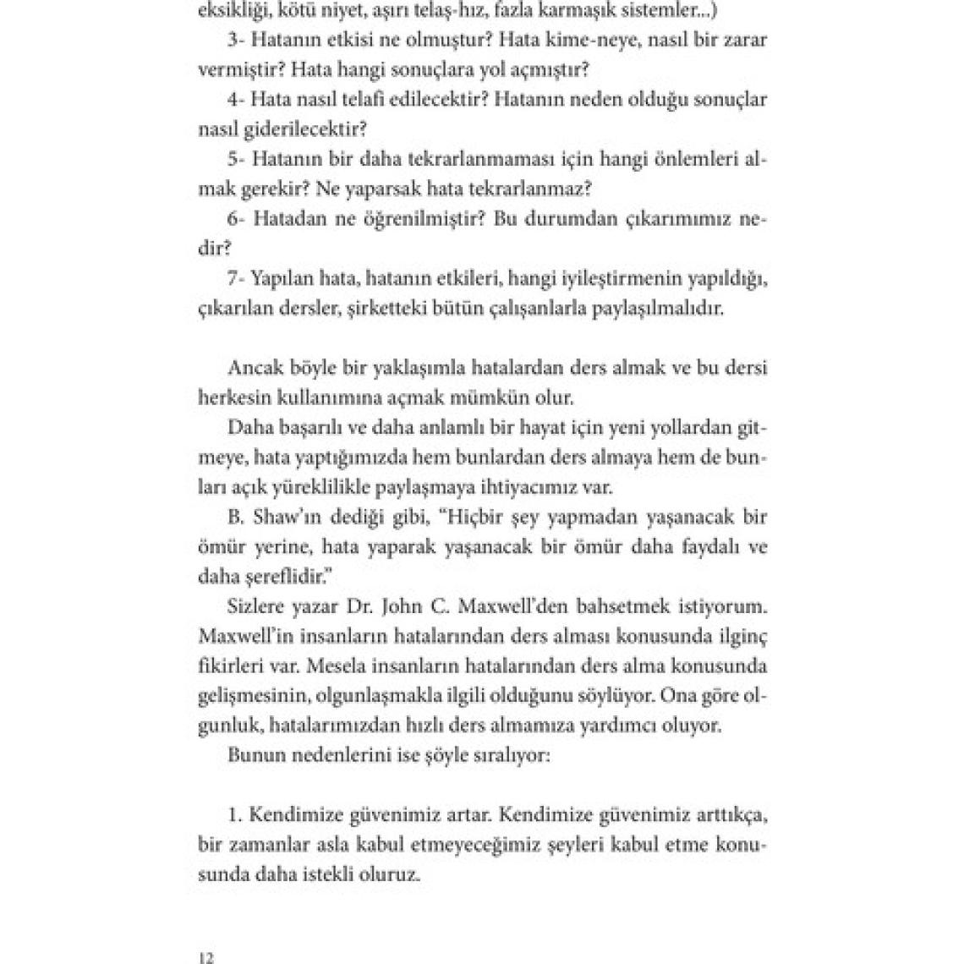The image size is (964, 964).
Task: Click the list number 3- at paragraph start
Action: (236, 39)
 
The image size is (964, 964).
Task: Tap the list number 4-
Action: (236, 100)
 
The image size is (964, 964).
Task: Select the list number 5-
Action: (236, 160)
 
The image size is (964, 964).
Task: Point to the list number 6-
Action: (236, 220)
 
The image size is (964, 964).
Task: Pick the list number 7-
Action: (236, 280)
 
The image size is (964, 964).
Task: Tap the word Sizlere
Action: (256, 606)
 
